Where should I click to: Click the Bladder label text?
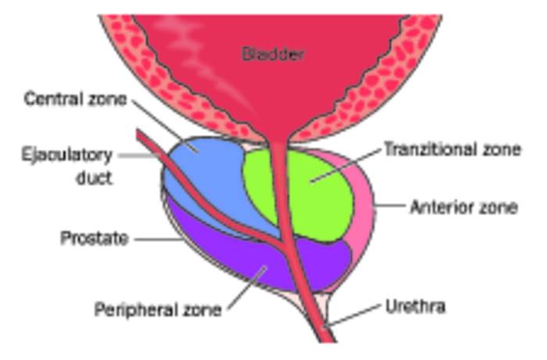[273, 55]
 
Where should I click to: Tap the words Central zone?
[75, 99]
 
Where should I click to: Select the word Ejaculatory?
[67, 155]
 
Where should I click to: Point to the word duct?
[94, 178]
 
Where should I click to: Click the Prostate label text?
[95, 239]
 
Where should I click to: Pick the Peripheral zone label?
[158, 309]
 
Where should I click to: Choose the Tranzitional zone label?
[452, 150]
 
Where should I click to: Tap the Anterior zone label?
[463, 208]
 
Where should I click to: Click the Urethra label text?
[416, 307]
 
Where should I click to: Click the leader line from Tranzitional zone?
[345, 165]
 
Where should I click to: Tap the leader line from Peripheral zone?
[247, 288]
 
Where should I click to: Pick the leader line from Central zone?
[164, 125]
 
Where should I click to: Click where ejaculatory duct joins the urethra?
[284, 243]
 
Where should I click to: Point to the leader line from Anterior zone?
[389, 205]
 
